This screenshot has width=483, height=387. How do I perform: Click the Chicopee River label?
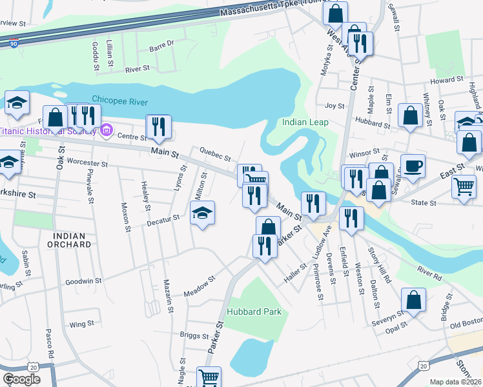[x=120, y=102]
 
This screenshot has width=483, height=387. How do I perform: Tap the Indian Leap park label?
[x=305, y=122]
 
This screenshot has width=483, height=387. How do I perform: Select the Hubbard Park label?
[x=254, y=312]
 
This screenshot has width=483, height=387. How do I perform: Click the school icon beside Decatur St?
[x=202, y=213]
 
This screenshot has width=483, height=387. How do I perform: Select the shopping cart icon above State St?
[x=464, y=188]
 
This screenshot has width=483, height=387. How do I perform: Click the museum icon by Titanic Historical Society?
[x=107, y=130]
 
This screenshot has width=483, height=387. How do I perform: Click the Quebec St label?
[x=215, y=156]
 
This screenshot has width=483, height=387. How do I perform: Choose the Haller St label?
[x=295, y=274]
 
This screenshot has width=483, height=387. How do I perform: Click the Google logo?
[x=21, y=379]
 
